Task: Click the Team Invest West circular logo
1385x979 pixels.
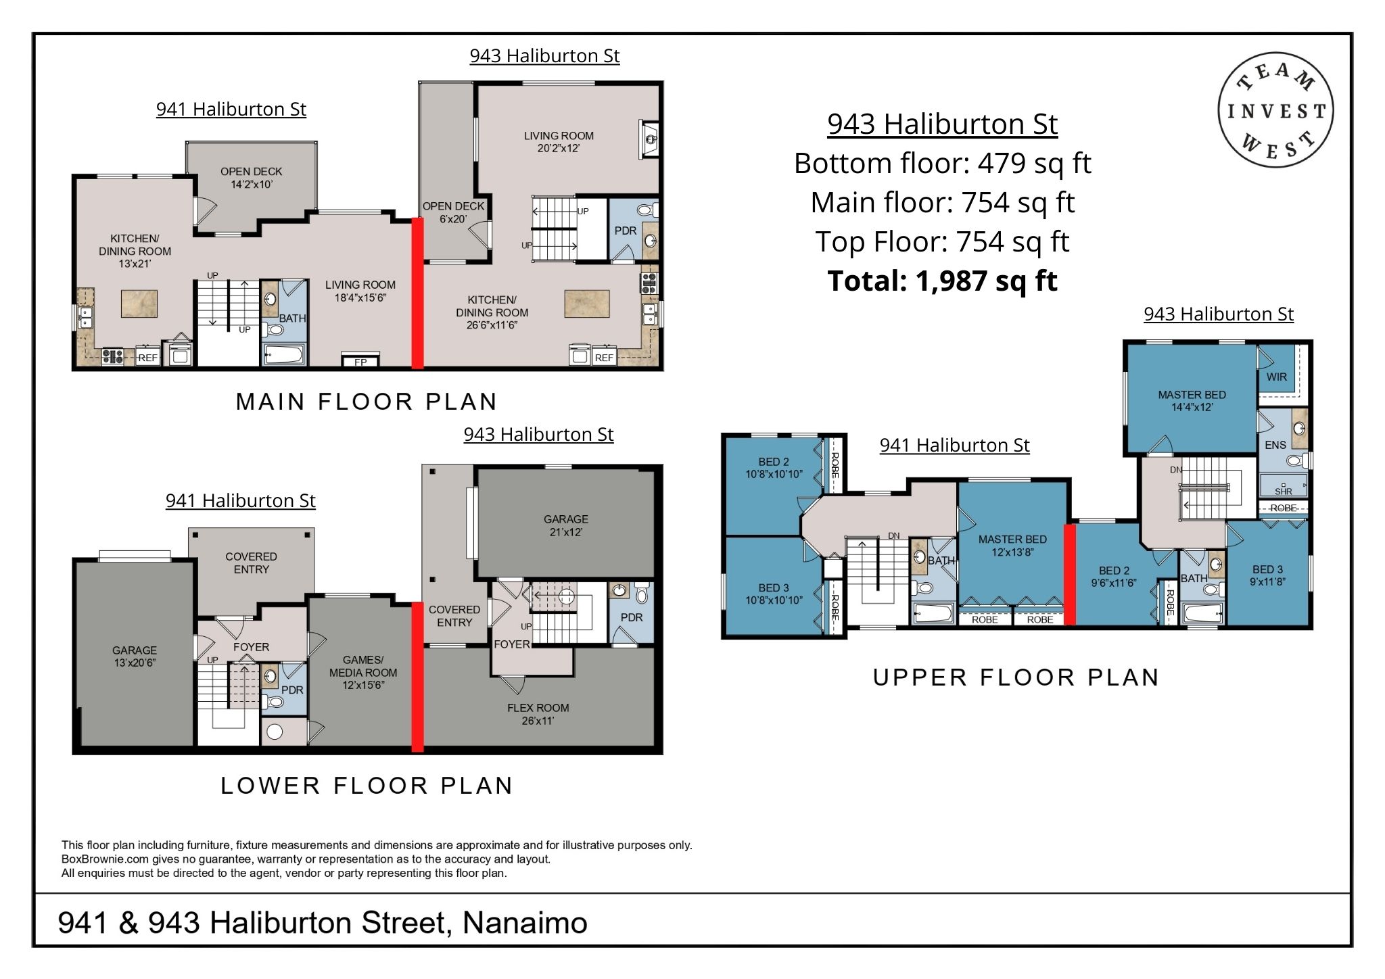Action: tap(1275, 110)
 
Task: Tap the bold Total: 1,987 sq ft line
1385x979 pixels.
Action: tap(942, 281)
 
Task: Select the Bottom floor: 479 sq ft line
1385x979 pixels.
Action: tap(942, 163)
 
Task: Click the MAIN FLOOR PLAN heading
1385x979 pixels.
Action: tap(367, 402)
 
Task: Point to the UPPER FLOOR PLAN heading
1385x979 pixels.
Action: tap(1016, 677)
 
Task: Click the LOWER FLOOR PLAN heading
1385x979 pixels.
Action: tap(367, 786)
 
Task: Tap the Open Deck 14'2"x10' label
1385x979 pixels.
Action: tap(252, 178)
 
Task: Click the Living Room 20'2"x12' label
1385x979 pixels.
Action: tap(559, 142)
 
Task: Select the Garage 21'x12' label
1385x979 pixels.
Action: tap(566, 525)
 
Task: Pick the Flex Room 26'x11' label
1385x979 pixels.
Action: tap(538, 714)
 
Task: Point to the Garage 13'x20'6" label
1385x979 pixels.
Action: tap(135, 656)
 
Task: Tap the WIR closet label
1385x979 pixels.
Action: tap(1277, 377)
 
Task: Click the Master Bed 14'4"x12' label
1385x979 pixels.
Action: tap(1192, 401)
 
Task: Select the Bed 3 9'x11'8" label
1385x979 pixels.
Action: tap(1267, 575)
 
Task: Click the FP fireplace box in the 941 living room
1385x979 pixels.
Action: tap(360, 360)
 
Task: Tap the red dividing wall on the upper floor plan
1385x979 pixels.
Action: tap(1070, 575)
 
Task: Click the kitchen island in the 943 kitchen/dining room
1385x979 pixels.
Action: tap(587, 304)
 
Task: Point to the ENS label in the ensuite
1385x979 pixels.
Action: tap(1275, 445)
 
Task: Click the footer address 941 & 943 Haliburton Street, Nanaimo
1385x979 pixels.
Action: tap(323, 923)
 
